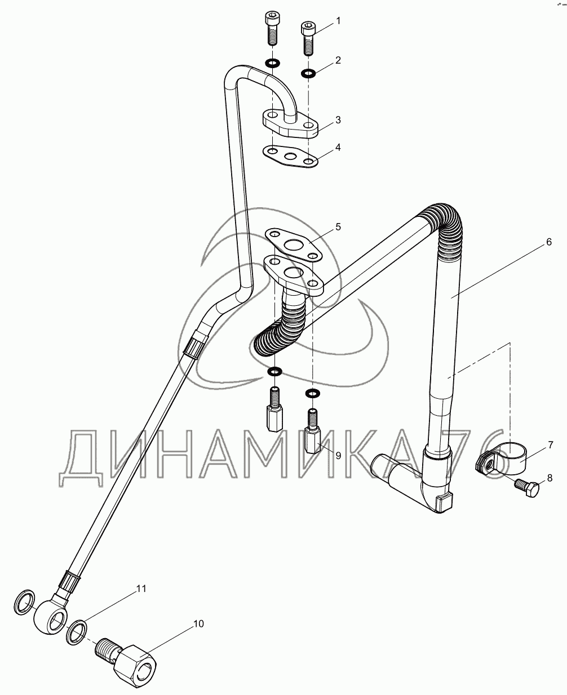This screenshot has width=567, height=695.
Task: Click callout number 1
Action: click(338, 21)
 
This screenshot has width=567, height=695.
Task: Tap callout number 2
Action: click(338, 60)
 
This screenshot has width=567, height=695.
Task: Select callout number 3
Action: click(338, 120)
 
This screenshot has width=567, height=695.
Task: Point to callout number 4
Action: click(338, 148)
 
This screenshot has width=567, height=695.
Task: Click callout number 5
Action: click(338, 227)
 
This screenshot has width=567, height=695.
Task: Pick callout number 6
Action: click(549, 242)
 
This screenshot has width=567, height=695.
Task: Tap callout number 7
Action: click(550, 445)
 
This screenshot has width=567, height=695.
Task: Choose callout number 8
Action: click(550, 478)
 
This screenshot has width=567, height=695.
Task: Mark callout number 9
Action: click(338, 456)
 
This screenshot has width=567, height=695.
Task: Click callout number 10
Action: click(198, 624)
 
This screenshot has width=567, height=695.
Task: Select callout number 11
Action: click(141, 588)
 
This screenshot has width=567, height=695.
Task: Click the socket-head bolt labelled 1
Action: click(308, 38)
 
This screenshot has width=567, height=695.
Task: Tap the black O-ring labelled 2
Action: click(308, 73)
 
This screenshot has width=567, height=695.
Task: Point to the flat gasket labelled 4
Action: click(290, 157)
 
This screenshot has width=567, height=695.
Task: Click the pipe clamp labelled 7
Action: click(501, 459)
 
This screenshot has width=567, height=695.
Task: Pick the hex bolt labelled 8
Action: click(527, 488)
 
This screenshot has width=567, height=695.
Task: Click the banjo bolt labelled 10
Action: click(125, 658)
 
